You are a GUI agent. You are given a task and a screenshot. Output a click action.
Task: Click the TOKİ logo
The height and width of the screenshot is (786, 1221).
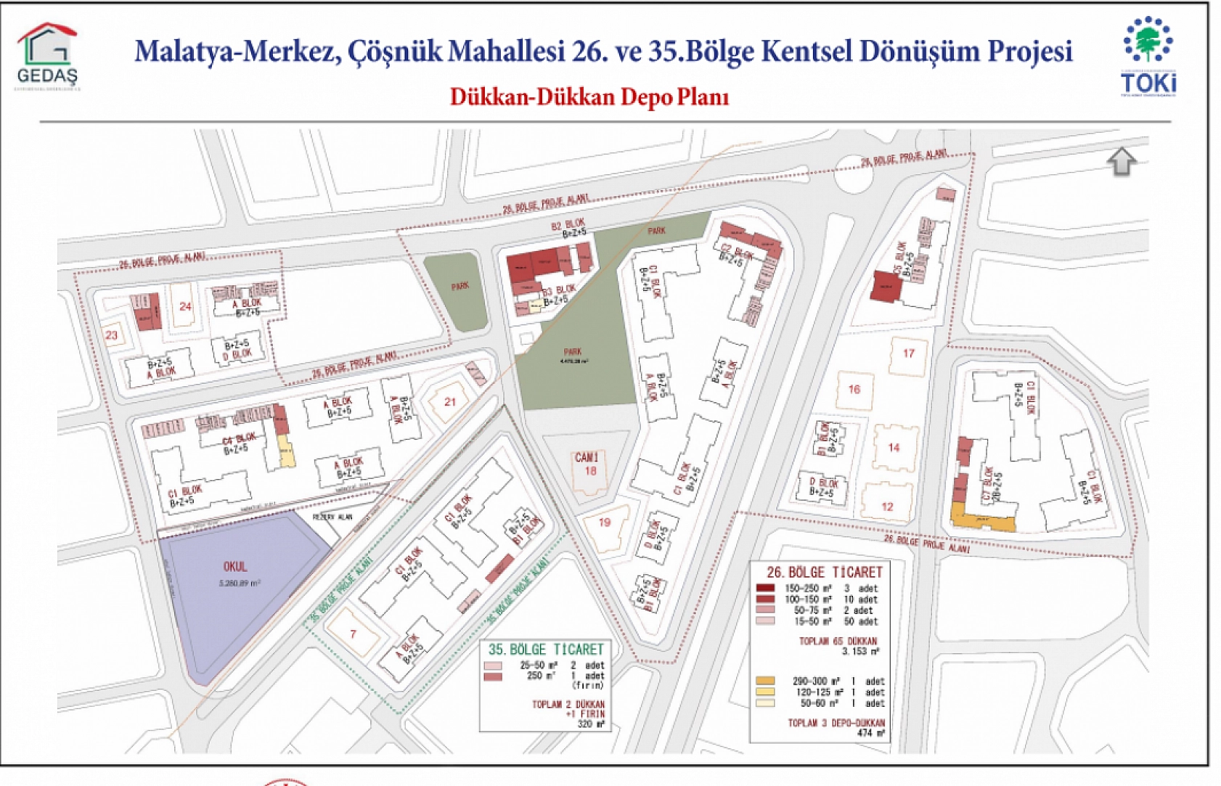coord(1148,57)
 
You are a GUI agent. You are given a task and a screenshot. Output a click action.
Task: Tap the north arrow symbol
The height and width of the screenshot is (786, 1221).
coord(1122,161)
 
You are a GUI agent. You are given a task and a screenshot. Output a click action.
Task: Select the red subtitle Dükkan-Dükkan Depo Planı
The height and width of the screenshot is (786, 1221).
coord(589,97)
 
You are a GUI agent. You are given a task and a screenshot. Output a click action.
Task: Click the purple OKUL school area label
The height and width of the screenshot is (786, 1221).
coord(235,567)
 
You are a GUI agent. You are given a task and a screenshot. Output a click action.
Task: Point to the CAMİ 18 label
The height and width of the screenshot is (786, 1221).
coord(587,464)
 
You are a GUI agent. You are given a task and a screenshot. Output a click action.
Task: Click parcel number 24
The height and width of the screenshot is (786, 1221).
coord(185,306)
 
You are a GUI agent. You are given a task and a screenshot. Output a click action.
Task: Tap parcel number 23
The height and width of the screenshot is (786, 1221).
coord(112,335)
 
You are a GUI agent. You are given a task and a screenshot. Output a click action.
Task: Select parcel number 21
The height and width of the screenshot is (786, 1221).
coord(450,401)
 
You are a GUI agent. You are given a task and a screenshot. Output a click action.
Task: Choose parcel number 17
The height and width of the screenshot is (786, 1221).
coord(909,353)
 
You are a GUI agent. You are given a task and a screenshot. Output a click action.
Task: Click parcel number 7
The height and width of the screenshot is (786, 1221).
coord(354,634)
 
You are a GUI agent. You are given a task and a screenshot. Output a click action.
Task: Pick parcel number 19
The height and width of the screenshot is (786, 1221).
coord(605,522)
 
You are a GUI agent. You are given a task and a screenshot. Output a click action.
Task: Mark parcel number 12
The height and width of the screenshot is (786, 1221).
coord(887,507)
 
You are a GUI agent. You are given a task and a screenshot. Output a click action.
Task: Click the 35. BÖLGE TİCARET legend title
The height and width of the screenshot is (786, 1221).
coord(545,649)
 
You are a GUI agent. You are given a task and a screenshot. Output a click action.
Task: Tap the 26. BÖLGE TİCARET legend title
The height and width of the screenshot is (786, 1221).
coord(824,572)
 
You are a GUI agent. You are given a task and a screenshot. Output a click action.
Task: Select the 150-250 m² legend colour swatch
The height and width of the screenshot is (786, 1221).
coord(765,589)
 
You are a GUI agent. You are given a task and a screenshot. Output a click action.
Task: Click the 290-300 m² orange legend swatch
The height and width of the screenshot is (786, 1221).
coord(765,681)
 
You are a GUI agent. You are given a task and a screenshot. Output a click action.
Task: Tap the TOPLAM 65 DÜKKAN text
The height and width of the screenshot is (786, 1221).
coord(838,641)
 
